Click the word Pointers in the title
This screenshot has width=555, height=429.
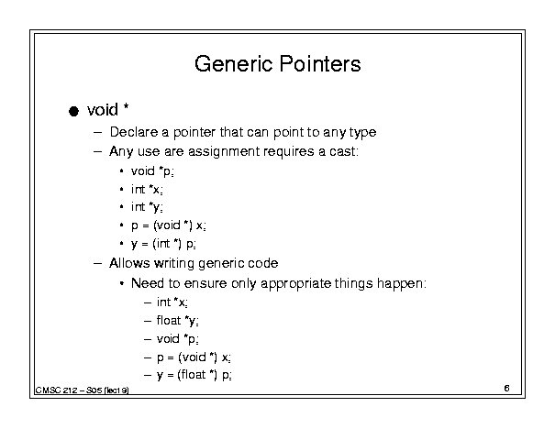320,64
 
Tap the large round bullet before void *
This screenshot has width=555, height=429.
73,111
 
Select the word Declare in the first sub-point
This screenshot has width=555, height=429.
134,132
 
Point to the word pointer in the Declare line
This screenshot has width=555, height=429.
194,133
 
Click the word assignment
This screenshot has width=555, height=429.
224,152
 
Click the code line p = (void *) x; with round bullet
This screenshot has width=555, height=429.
169,225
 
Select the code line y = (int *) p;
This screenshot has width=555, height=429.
163,244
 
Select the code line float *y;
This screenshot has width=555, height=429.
177,321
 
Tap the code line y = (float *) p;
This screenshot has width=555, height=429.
194,375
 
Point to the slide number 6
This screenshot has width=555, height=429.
507,389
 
